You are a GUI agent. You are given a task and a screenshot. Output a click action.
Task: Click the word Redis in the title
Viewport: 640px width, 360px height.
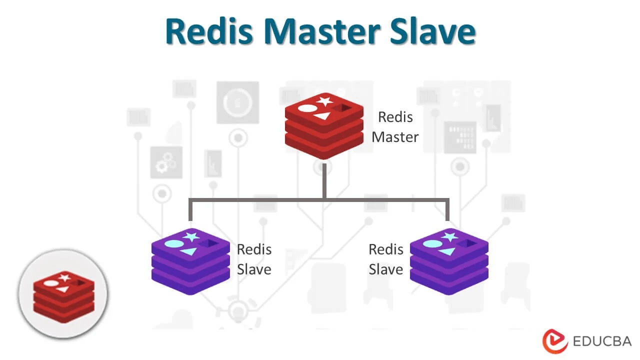tap(209, 31)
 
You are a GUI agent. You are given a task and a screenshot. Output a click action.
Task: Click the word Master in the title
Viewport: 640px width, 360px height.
tap(322, 31)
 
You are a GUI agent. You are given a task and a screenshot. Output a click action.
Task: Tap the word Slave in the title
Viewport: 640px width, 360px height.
tap(432, 31)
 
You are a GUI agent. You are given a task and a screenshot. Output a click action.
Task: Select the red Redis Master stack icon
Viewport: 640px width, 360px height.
tap(324, 126)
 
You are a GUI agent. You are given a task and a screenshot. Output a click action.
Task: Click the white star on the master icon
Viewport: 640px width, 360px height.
tap(325, 101)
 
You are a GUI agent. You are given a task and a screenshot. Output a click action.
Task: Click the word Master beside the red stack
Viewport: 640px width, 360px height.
tap(395, 137)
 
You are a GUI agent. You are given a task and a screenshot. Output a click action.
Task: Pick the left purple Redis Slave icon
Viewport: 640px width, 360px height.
tap(190, 261)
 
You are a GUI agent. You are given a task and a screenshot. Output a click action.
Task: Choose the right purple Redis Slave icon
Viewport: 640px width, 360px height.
tap(449, 261)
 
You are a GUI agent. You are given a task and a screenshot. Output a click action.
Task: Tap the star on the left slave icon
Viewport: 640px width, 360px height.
tap(191, 236)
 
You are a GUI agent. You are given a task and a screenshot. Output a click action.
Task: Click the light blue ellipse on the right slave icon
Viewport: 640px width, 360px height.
tap(432, 243)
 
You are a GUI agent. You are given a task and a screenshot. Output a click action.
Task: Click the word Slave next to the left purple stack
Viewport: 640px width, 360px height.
tap(254, 269)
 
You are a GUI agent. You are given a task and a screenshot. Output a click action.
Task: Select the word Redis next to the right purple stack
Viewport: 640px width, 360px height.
tap(386, 249)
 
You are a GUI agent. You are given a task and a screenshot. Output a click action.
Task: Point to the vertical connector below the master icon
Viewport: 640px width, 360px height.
tap(324, 181)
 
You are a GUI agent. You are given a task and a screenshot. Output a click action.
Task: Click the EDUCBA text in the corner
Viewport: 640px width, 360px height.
tap(602, 341)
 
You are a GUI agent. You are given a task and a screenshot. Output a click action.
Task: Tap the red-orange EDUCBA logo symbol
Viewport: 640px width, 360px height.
tap(555, 341)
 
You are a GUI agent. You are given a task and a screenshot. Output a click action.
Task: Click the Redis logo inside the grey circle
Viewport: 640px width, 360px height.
tap(63, 297)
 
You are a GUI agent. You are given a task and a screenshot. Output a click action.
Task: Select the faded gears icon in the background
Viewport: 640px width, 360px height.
tap(166, 162)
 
